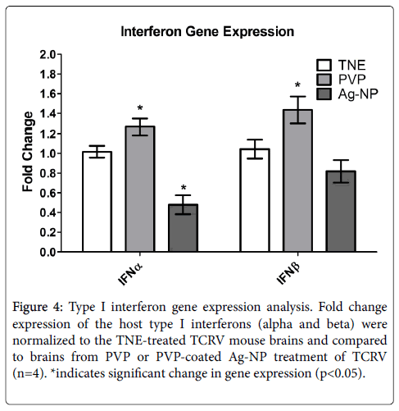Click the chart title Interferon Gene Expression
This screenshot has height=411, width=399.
pyautogui.click(x=207, y=32)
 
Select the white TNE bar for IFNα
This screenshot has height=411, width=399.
pyautogui.click(x=97, y=202)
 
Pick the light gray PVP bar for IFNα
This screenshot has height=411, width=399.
pyautogui.click(x=140, y=189)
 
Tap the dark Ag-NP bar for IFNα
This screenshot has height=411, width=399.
pyautogui.click(x=183, y=228)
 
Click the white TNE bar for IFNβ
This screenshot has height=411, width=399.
pyautogui.click(x=255, y=200)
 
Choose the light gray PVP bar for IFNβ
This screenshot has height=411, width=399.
pyautogui.click(x=297, y=180)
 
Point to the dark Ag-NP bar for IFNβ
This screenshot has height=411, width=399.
pyautogui.click(x=341, y=211)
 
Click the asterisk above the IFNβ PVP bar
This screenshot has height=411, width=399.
pyautogui.click(x=297, y=84)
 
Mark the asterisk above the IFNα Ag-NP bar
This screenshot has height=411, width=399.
pyautogui.click(x=184, y=188)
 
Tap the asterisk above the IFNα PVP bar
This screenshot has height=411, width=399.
pyautogui.click(x=140, y=107)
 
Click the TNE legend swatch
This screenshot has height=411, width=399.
pyautogui.click(x=324, y=65)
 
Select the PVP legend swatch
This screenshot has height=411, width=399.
pyautogui.click(x=324, y=80)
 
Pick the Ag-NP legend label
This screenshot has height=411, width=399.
pyautogui.click(x=358, y=94)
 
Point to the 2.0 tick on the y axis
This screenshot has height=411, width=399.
pyautogui.click(x=59, y=54)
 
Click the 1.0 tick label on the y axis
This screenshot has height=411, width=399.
pyautogui.click(x=48, y=153)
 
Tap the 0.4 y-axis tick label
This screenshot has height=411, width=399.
pyautogui.click(x=48, y=212)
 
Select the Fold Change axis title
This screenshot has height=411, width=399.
pyautogui.click(x=28, y=152)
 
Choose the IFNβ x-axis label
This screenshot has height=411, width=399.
pyautogui.click(x=288, y=273)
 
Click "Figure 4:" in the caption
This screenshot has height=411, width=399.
pyautogui.click(x=38, y=307)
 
